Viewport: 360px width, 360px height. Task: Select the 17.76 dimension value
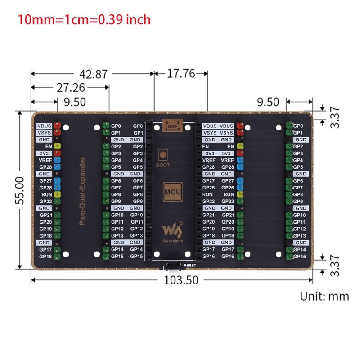tap(180, 74)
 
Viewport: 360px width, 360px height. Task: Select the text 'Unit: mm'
tap(324, 296)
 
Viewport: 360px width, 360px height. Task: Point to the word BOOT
tap(163, 165)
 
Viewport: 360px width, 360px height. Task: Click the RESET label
tap(189, 265)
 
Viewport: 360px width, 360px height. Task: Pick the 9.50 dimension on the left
tap(75, 102)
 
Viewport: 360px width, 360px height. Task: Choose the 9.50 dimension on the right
tap(268, 102)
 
